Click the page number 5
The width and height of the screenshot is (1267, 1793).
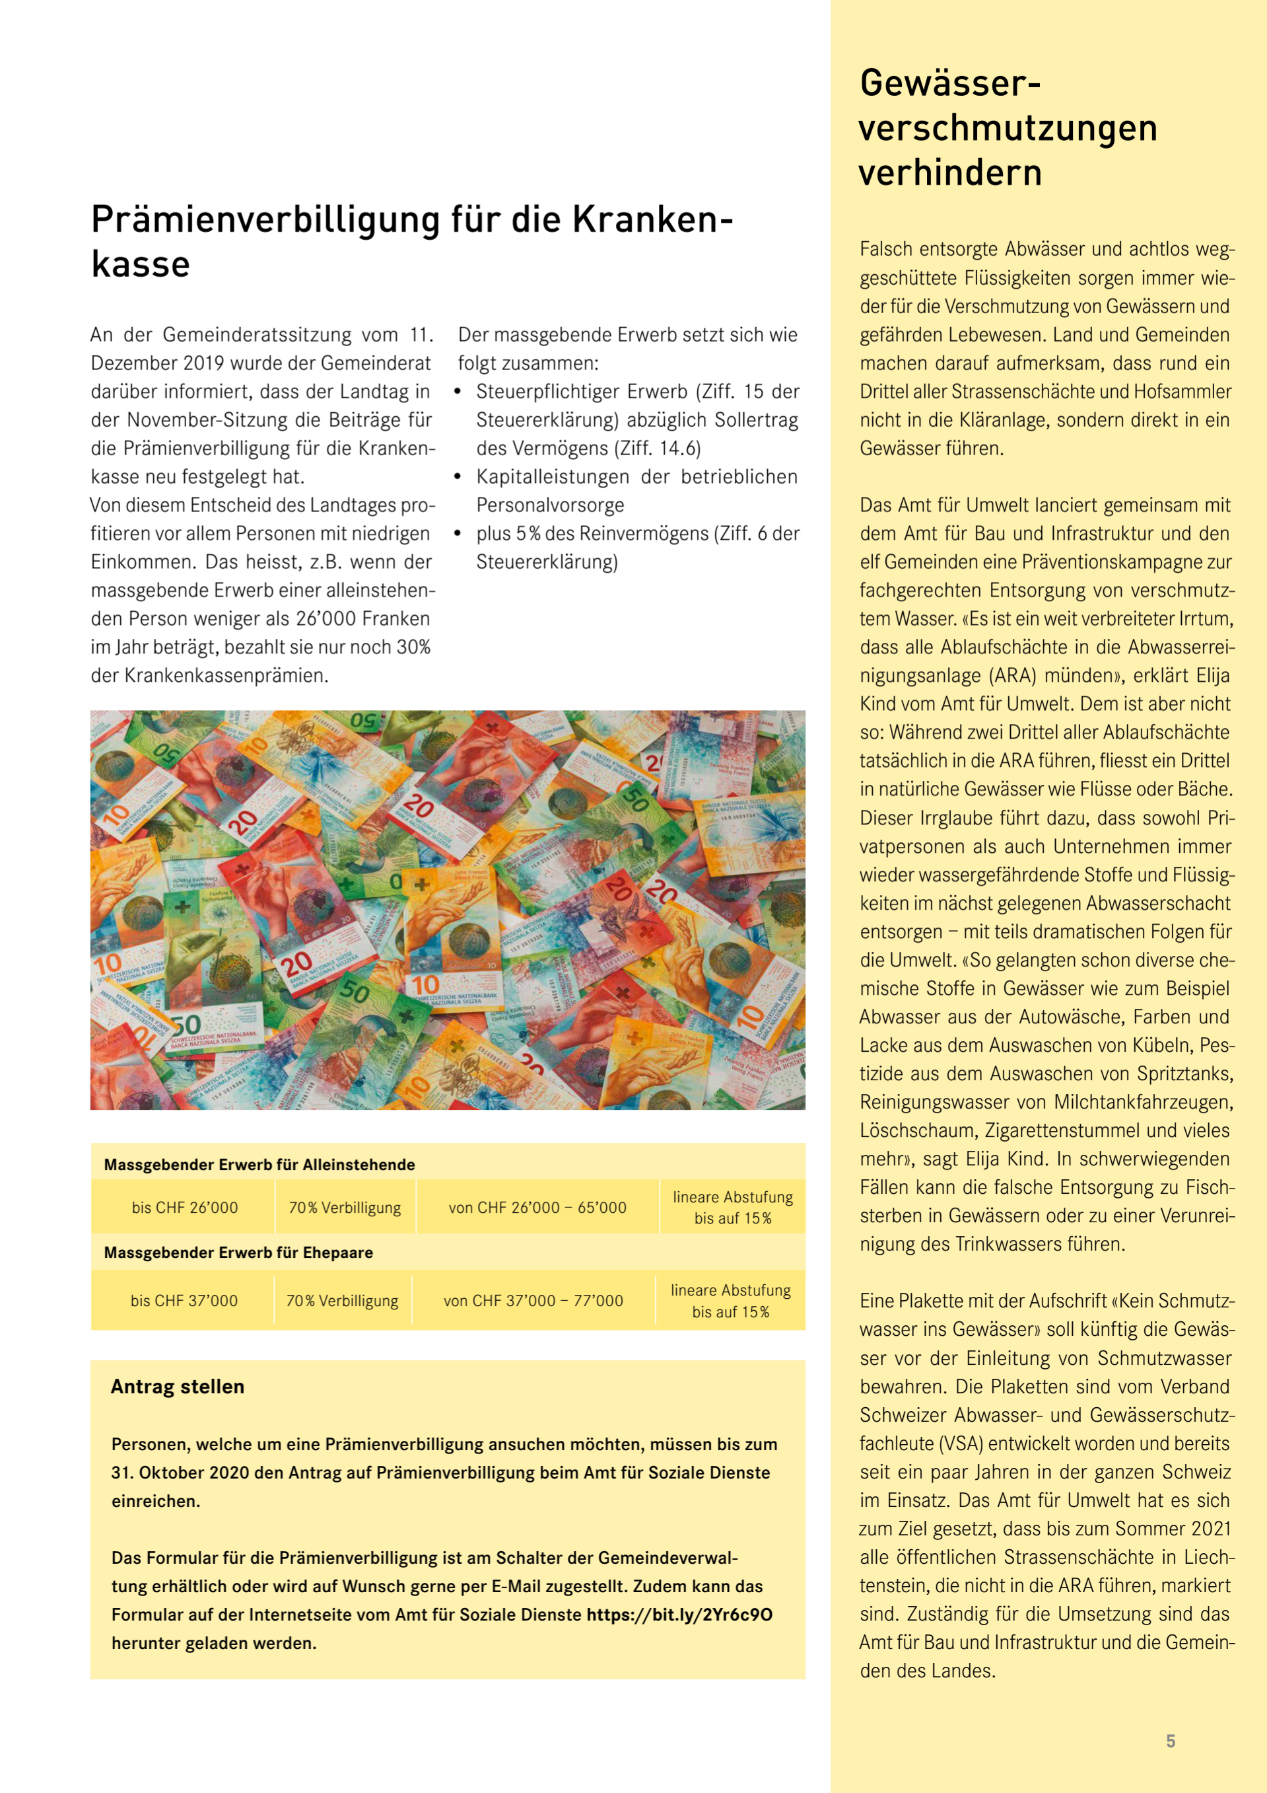click(1170, 1741)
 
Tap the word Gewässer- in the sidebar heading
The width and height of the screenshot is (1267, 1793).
click(950, 83)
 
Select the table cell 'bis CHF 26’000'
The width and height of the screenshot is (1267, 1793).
click(184, 1207)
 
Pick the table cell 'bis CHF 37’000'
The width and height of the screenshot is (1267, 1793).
click(184, 1300)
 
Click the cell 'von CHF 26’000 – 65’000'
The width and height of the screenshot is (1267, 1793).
click(537, 1207)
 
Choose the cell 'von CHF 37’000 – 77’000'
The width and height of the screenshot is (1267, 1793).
click(533, 1300)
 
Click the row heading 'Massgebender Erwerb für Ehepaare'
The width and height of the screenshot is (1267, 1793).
click(238, 1253)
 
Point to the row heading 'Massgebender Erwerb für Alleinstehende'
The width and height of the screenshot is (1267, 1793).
click(259, 1164)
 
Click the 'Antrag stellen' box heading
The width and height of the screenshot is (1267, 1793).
click(177, 1386)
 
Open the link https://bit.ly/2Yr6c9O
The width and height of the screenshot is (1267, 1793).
click(679, 1614)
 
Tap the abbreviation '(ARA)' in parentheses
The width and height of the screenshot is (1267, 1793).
click(1013, 675)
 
